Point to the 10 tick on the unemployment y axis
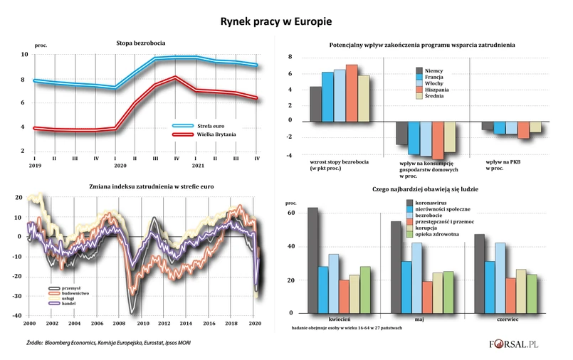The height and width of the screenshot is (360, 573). [24, 55]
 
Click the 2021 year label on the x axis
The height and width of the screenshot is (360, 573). [197, 167]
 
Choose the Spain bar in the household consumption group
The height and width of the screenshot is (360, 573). [438, 139]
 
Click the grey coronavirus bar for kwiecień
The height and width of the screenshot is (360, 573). [312, 260]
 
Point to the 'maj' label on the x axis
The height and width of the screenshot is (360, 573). [419, 320]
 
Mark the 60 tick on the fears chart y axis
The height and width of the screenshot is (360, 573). [292, 213]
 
